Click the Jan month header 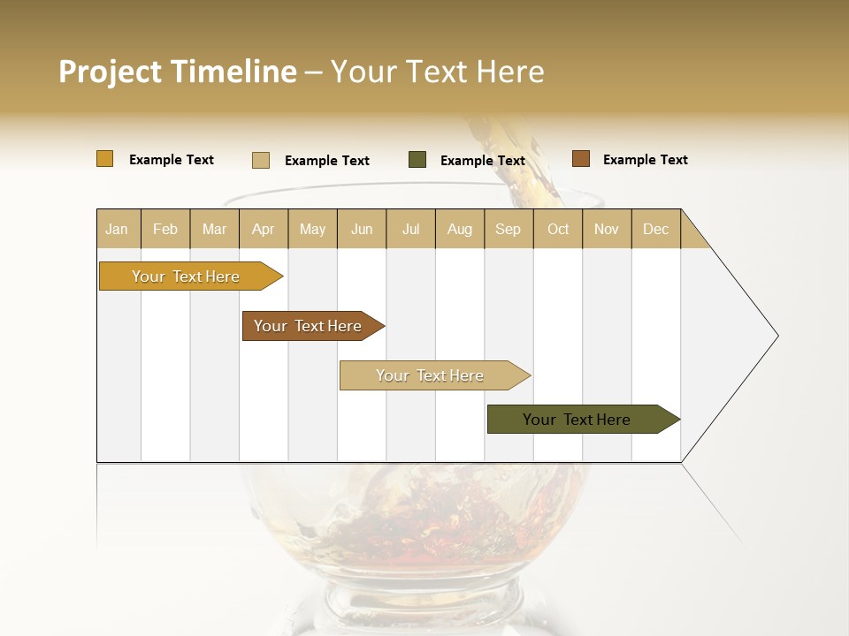tap(118, 229)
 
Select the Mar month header tap(214, 229)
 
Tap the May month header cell tap(312, 229)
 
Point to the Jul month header tap(410, 229)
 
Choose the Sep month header tap(508, 229)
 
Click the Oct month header tap(558, 229)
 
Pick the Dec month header tap(655, 229)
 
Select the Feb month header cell tap(165, 229)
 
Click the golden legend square tap(105, 159)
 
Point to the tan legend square tap(261, 160)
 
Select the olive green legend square tap(417, 160)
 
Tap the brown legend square tap(580, 159)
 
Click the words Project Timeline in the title tap(177, 72)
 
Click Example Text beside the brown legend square tap(645, 160)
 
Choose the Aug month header tap(459, 229)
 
